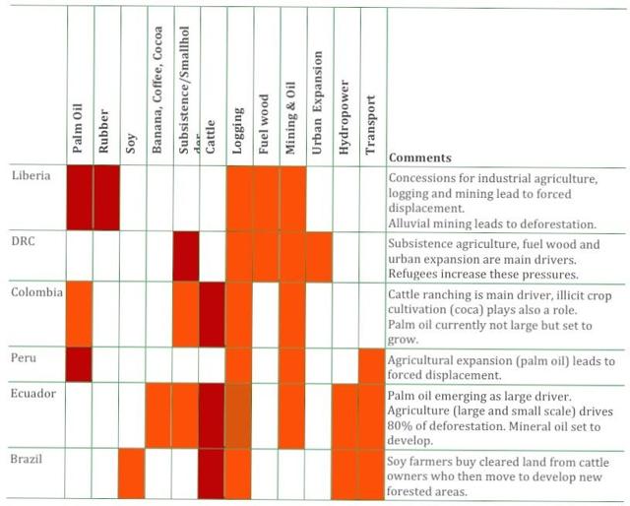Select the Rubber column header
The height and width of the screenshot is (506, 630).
click(104, 128)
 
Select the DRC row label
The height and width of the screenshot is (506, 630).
click(25, 240)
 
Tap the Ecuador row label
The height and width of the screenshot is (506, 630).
click(32, 393)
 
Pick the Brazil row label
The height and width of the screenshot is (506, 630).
click(28, 458)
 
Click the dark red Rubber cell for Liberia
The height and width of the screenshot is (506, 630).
click(105, 197)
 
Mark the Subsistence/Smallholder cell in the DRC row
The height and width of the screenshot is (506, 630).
click(185, 256)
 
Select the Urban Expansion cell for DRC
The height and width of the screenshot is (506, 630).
click(318, 256)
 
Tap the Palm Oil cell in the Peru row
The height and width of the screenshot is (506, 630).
click(79, 363)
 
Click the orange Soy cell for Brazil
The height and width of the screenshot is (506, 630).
click(131, 473)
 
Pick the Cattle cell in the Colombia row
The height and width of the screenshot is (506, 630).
click(212, 313)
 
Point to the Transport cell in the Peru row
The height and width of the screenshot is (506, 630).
click(372, 363)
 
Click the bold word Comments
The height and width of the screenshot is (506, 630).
click(420, 157)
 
